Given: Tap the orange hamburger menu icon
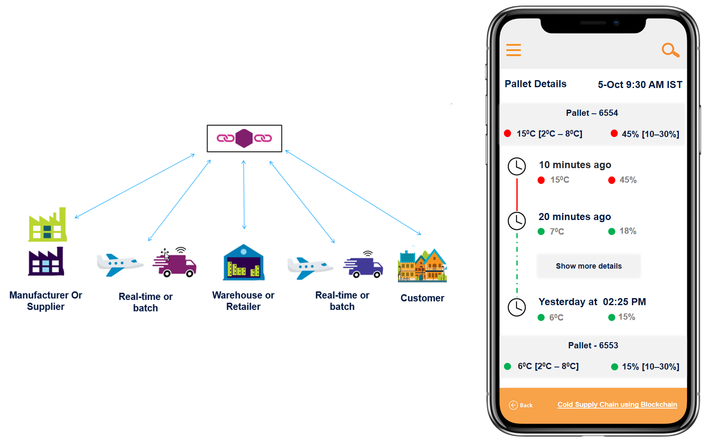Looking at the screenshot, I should click(x=513, y=50).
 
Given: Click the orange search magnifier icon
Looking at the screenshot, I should click(x=670, y=50).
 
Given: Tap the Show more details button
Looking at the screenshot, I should click(x=589, y=266).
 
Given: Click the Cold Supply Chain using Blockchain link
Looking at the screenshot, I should click(x=617, y=405).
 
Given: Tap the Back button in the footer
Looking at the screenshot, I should click(x=521, y=405).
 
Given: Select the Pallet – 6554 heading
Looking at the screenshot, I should click(x=592, y=113).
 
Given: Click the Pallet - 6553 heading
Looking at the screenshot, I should click(x=593, y=345).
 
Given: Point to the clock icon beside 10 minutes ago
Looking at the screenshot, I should click(x=517, y=166).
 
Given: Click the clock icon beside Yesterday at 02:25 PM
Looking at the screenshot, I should click(x=517, y=307).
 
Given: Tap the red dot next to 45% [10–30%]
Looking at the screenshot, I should click(x=614, y=134).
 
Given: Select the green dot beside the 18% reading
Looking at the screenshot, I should click(x=612, y=232).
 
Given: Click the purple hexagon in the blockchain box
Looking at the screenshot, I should click(x=244, y=138).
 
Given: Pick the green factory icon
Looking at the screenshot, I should click(x=47, y=225).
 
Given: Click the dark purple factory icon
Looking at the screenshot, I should click(x=46, y=262).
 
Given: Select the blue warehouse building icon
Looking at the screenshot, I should click(x=244, y=262).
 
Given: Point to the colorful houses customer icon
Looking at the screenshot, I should click(x=422, y=266).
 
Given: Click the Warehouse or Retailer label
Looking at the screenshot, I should click(x=243, y=301).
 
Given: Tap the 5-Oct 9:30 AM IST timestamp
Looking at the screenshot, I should click(x=640, y=85).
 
